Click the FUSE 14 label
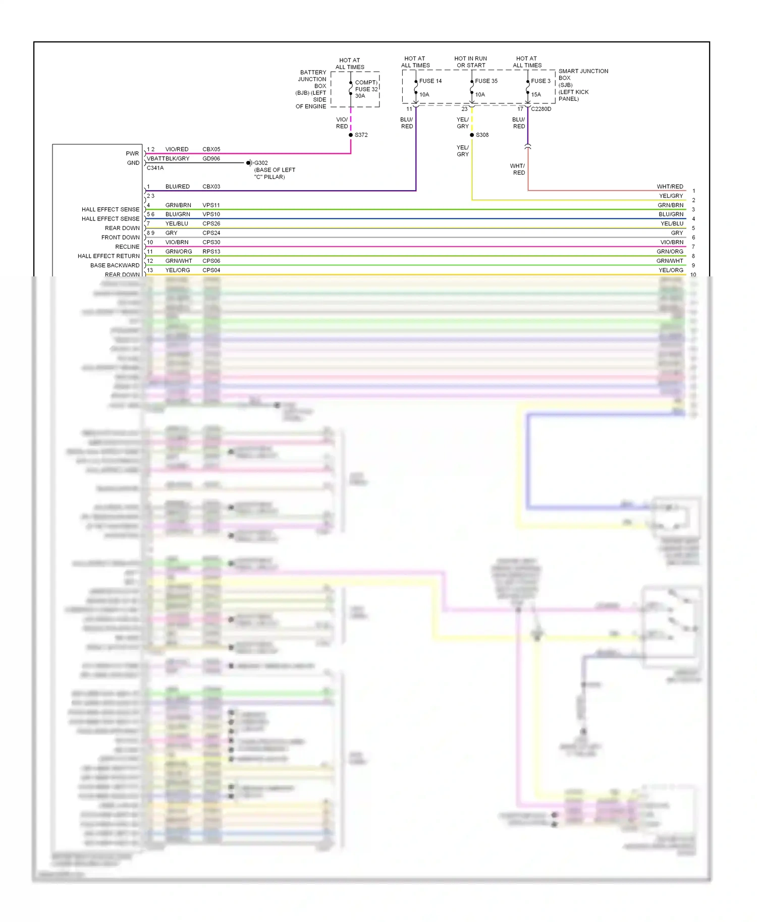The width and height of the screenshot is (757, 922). point(430,81)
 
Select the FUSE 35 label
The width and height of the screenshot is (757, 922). point(486,81)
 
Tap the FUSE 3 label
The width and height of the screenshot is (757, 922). point(540,81)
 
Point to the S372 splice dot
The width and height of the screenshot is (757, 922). point(351,135)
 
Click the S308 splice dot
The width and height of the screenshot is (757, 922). point(472,135)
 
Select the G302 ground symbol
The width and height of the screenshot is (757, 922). point(249,163)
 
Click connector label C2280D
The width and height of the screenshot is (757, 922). point(541,109)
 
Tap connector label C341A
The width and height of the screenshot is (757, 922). point(155,168)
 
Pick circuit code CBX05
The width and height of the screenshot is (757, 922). point(211,149)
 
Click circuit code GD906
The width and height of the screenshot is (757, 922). point(211,158)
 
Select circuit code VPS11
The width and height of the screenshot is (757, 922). point(211,205)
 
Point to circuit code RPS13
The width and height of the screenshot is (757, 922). point(211,252)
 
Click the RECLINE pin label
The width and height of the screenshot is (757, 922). point(127,247)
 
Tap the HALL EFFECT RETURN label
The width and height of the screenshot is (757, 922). point(109,256)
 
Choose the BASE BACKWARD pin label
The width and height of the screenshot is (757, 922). point(115,265)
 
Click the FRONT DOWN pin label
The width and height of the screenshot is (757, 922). point(120,238)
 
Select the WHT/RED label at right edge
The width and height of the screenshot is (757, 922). point(670,187)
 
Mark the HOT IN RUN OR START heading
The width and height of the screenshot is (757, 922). point(470,62)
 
